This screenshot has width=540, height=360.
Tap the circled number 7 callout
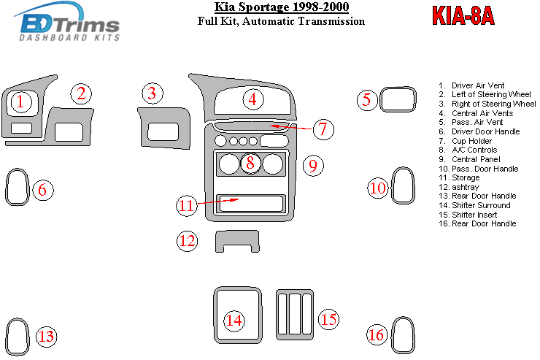pos(323,129)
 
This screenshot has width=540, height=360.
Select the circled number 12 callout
pos(188,240)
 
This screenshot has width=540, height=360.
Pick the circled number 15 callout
pos(329,318)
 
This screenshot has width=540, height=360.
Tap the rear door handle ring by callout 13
pos(16,336)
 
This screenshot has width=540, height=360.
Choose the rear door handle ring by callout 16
pos(400,334)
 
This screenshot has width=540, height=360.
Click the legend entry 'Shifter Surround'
pos(481,205)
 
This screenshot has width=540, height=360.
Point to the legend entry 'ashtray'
pos(464,187)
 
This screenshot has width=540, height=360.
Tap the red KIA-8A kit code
pos(463,16)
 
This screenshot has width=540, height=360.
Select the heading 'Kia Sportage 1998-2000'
pos(281,8)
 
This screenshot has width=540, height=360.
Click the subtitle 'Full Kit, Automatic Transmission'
pos(281,22)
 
